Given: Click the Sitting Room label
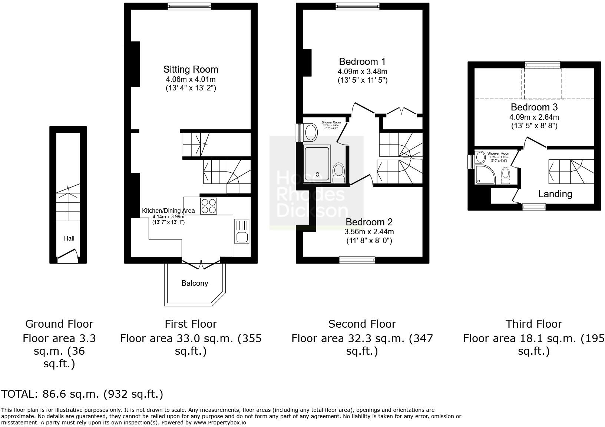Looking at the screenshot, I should (191, 69).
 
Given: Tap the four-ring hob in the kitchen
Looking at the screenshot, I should (208, 206).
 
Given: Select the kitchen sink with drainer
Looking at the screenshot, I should (242, 231).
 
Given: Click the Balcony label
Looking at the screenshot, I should (195, 283).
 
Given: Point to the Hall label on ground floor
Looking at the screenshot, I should (69, 238).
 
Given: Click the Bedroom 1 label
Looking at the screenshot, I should (362, 62).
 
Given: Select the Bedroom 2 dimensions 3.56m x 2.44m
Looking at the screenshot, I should (369, 232).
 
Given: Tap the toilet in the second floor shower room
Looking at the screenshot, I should (338, 172).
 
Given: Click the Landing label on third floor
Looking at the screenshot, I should (555, 194).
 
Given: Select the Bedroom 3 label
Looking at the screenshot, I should (534, 107).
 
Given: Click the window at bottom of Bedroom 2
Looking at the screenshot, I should (357, 260).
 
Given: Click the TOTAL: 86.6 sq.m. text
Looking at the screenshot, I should (82, 394).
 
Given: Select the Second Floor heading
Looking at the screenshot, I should (362, 324).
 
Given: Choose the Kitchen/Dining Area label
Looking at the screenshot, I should (168, 211).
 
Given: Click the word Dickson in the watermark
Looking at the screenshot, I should (312, 211).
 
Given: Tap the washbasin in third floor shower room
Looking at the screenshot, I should (481, 157).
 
